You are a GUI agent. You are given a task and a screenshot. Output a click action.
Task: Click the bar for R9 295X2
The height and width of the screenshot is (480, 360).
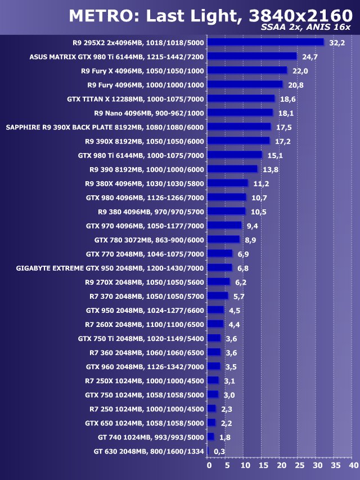pyautogui.click(x=265, y=42)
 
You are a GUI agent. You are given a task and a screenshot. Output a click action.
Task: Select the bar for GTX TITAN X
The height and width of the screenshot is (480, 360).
pyautogui.click(x=241, y=98)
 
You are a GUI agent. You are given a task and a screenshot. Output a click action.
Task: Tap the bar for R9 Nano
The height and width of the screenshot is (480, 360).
pyautogui.click(x=240, y=113)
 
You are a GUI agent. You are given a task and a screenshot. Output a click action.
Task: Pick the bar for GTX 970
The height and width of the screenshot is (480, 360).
pyautogui.click(x=224, y=225)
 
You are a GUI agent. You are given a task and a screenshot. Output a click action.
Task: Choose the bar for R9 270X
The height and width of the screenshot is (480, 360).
pyautogui.click(x=218, y=281)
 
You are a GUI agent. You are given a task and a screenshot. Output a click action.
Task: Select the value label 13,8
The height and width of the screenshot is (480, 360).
pyautogui.click(x=271, y=169)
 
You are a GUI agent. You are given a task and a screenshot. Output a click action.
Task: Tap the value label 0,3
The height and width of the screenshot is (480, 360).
pyautogui.click(x=219, y=451)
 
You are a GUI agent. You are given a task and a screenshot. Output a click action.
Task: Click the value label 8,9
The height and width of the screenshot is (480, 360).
pyautogui.click(x=251, y=240)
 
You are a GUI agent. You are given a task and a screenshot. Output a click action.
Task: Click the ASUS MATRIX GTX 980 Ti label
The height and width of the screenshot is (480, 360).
pyautogui.click(x=116, y=57)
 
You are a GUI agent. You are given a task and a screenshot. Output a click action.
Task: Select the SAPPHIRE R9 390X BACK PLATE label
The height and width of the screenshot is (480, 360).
pyautogui.click(x=105, y=127)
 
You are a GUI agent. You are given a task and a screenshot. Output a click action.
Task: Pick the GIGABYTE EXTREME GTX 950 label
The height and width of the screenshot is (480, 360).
pyautogui.click(x=110, y=268)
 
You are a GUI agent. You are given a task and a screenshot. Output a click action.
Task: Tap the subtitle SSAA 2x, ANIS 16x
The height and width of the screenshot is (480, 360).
pyautogui.click(x=306, y=28)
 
